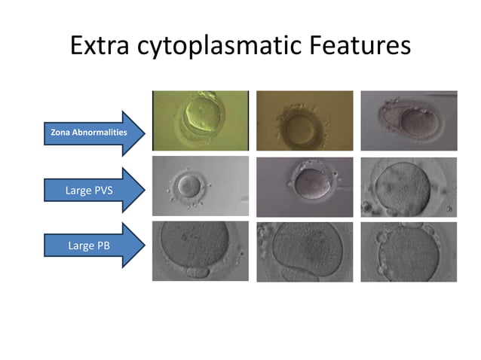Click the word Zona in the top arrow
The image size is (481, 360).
pyautogui.click(x=60, y=133)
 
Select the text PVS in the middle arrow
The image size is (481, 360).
pyautogui.click(x=100, y=190)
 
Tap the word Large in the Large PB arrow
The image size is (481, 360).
pyautogui.click(x=78, y=245)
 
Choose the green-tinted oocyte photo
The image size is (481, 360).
pyautogui.click(x=201, y=121)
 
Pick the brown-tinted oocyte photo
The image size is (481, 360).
pyautogui.click(x=305, y=121)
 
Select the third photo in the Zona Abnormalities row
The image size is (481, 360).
pyautogui.click(x=409, y=121)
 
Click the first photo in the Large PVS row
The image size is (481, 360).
pyautogui.click(x=201, y=186)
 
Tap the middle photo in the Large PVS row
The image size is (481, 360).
pyautogui.click(x=305, y=186)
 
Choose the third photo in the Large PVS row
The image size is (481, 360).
pyautogui.click(x=409, y=186)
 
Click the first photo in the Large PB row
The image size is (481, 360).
pyautogui.click(x=201, y=251)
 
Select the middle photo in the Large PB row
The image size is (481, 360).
pyautogui.click(x=305, y=251)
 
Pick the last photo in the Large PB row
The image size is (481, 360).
pyautogui.click(x=409, y=251)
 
